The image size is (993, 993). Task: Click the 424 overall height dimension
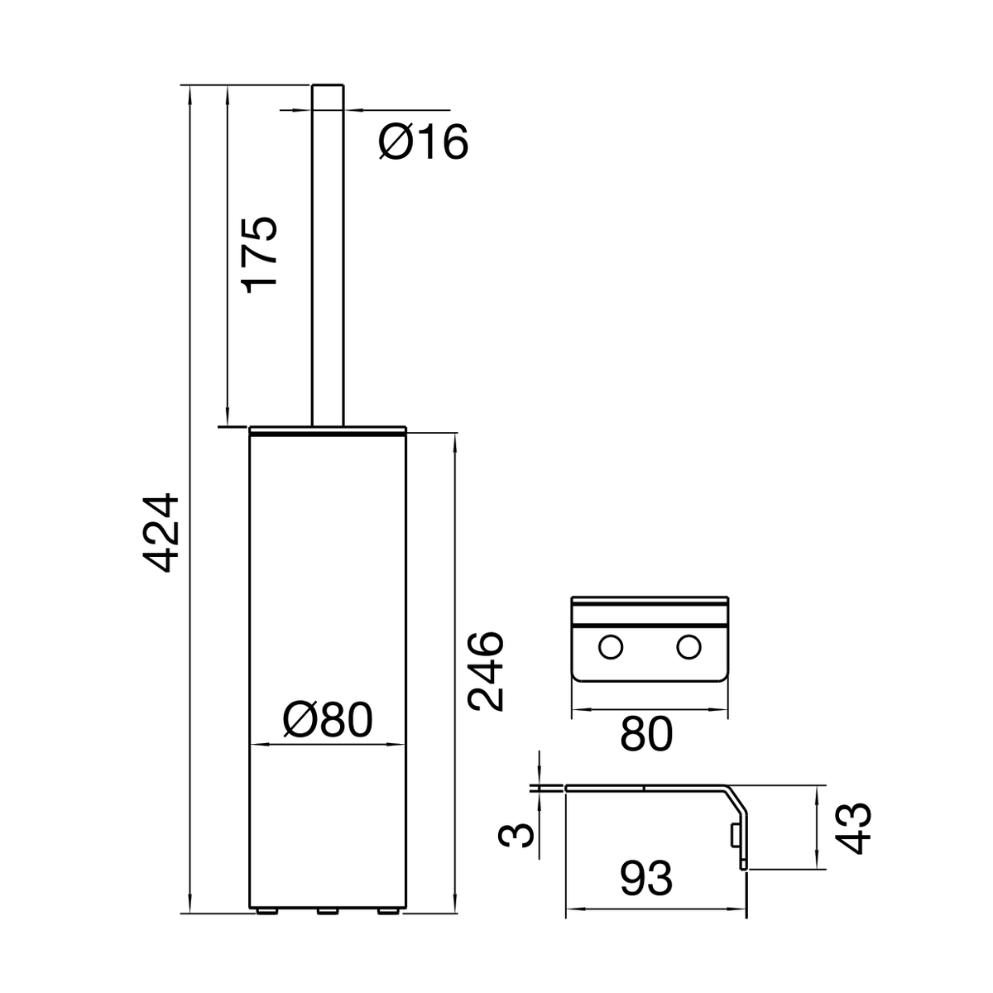pos(161,534)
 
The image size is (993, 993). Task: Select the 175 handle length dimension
pos(259,255)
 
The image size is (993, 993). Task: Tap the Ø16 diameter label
pos(423,142)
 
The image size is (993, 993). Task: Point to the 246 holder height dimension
pos(485,671)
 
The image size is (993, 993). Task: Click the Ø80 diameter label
pos(328,720)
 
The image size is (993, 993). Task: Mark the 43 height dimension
pos(853,827)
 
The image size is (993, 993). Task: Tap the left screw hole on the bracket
pos(611,647)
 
